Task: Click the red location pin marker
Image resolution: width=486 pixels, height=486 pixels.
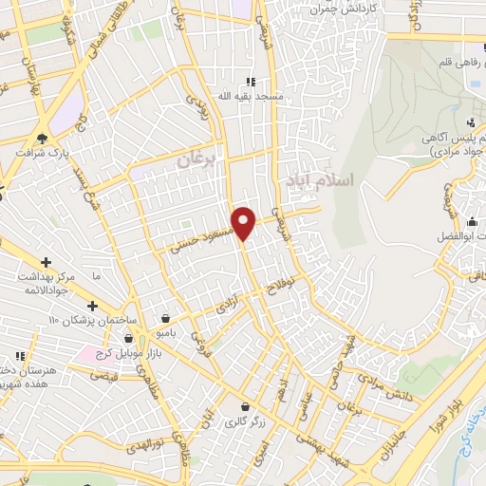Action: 244,222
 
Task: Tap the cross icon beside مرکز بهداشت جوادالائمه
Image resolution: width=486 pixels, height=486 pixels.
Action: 46,261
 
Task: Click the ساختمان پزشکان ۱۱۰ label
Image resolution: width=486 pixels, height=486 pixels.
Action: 92,320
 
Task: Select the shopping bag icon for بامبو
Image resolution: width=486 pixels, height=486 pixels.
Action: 167,318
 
